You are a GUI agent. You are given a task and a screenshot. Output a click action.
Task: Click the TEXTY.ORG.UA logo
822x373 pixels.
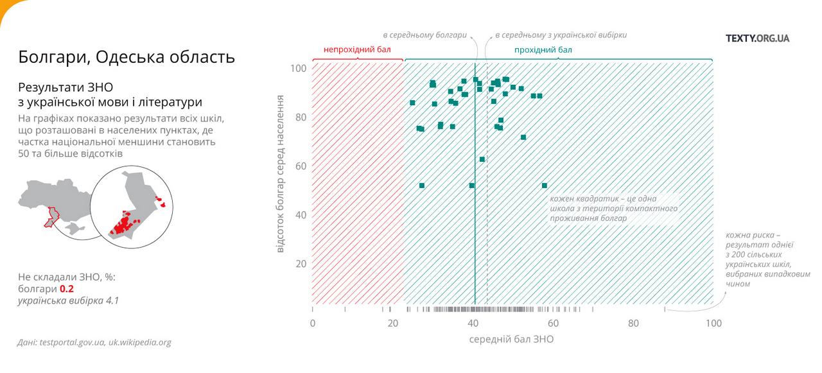point(757,38)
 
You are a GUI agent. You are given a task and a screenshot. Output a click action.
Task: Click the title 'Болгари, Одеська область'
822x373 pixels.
point(127,57)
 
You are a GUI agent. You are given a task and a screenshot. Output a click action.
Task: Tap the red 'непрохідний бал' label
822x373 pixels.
point(356,49)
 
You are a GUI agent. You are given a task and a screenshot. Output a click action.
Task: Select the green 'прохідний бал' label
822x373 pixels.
point(543,49)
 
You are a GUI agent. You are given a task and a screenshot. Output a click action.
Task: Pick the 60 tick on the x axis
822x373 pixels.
point(554,323)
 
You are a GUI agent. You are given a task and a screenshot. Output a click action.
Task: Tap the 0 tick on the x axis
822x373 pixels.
point(313,323)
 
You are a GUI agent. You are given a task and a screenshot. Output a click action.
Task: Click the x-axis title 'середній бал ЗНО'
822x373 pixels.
point(511,339)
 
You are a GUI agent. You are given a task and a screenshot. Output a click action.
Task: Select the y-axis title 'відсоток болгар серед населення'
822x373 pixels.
point(281,173)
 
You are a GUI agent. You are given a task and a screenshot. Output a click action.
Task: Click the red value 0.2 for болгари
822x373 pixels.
point(67,289)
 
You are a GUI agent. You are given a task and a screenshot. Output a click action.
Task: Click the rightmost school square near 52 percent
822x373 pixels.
point(545,186)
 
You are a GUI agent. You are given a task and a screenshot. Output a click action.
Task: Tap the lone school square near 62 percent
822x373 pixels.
point(482,159)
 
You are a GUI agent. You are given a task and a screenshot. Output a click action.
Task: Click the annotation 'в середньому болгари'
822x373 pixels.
point(424,35)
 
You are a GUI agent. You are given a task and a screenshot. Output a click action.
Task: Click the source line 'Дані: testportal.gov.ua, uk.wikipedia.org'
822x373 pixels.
point(94,342)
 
